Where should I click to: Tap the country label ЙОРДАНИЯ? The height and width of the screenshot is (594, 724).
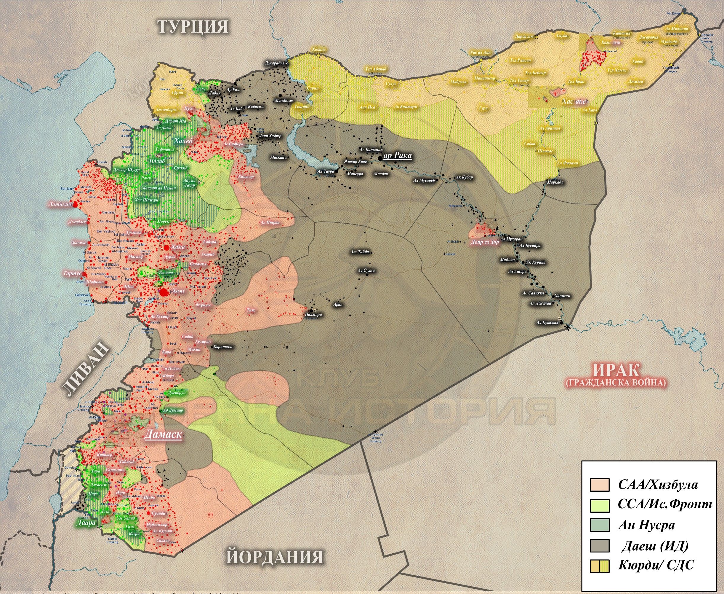pos(275,556)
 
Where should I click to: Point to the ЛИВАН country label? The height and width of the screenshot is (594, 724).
pos(86,369)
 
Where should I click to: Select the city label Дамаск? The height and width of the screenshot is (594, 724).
pos(163,434)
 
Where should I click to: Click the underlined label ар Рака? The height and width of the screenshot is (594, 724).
pos(398,155)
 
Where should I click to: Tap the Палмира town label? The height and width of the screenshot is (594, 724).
pos(313,314)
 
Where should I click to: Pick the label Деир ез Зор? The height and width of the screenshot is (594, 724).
pos(485,242)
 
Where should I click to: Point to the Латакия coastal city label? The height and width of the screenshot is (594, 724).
pos(60,204)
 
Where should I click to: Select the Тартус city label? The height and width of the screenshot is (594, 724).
pos(72,273)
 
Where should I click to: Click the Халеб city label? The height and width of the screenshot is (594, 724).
pos(183,141)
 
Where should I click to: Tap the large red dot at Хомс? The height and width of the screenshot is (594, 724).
pos(164,292)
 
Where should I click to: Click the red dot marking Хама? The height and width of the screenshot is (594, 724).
pos(166,247)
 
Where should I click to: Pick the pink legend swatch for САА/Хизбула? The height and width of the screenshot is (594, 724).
pos(600,485)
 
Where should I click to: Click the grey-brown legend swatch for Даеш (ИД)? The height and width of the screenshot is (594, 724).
pos(600,546)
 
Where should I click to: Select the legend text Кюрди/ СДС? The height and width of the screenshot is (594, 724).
pos(656,565)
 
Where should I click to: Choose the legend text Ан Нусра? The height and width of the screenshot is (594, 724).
pos(646,525)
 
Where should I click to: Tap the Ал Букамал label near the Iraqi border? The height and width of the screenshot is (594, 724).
pos(547,323)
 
